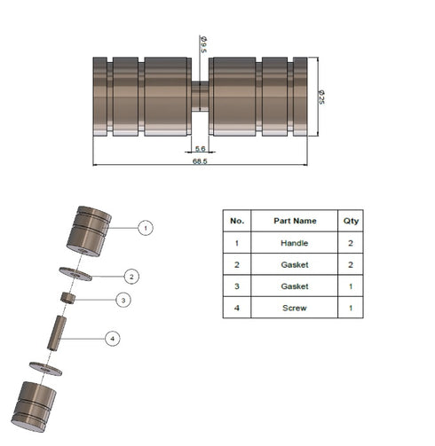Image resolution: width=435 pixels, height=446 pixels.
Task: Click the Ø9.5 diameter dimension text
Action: pyautogui.click(x=203, y=44)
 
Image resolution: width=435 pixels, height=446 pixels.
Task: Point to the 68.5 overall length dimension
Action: pyautogui.click(x=200, y=161)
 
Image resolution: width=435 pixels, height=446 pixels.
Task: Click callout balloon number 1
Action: pyautogui.click(x=146, y=228)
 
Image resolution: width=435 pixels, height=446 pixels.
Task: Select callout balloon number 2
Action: pyautogui.click(x=130, y=276)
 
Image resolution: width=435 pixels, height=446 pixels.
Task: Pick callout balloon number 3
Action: pyautogui.click(x=124, y=301)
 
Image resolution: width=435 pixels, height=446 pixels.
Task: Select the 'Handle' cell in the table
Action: pyautogui.click(x=294, y=241)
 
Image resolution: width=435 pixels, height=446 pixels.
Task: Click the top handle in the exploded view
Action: pyautogui.click(x=89, y=230)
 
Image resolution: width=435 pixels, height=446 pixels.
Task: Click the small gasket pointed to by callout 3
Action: pyautogui.click(x=67, y=298)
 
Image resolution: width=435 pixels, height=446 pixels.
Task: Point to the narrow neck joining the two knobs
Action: pyautogui.click(x=201, y=96)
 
